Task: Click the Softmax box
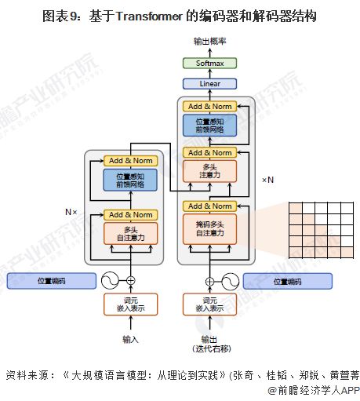(209, 64)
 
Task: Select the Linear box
(209, 83)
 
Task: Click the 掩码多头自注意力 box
(209, 229)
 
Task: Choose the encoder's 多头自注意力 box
(131, 233)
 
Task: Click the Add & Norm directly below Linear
(209, 106)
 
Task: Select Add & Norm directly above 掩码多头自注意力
(209, 206)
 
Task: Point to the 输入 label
(131, 339)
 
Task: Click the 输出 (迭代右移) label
(209, 344)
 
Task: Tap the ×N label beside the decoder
(267, 180)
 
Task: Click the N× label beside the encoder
(71, 212)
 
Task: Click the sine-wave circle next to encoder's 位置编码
(107, 280)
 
